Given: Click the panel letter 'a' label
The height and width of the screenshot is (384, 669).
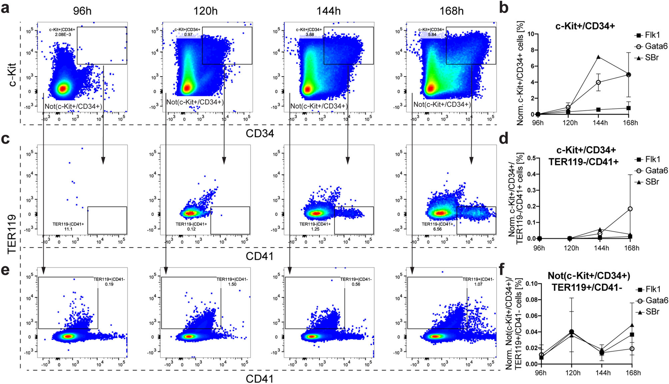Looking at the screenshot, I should pyautogui.click(x=5, y=8).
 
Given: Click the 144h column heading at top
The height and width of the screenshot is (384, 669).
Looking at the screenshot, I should pyautogui.click(x=328, y=11).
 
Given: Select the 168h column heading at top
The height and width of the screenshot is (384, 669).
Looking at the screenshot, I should pyautogui.click(x=451, y=11).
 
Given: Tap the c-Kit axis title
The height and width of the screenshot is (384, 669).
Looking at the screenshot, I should pyautogui.click(x=13, y=75).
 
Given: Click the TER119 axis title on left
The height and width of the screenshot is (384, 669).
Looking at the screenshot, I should pyautogui.click(x=12, y=234).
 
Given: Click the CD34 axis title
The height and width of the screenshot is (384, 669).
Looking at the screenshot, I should pyautogui.click(x=260, y=133).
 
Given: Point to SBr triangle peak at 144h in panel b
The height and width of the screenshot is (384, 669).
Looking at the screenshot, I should pyautogui.click(x=599, y=57).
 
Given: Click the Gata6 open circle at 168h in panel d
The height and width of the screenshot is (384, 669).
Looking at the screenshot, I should pyautogui.click(x=630, y=209).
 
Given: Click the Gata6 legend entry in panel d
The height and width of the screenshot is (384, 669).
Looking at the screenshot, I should pyautogui.click(x=652, y=171).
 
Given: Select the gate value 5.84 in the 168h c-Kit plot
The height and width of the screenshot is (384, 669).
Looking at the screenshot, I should pyautogui.click(x=432, y=35).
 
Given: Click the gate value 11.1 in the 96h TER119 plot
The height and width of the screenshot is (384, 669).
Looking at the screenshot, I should pyautogui.click(x=68, y=229).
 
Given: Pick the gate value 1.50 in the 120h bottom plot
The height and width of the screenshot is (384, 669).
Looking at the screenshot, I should pyautogui.click(x=232, y=284).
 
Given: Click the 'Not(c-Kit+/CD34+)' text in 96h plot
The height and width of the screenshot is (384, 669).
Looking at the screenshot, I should pyautogui.click(x=73, y=107).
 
